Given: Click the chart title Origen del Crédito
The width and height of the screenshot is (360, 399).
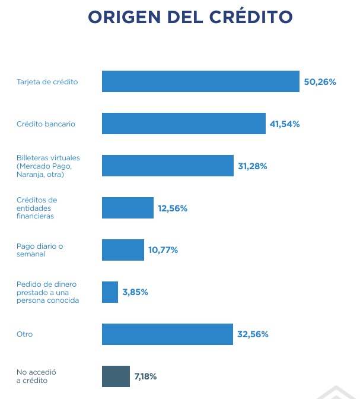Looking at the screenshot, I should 190,17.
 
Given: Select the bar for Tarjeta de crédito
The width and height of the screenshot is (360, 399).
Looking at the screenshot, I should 200,81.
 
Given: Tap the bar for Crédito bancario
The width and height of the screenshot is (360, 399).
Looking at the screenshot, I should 183,123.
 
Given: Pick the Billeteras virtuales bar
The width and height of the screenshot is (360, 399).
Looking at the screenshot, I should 167,166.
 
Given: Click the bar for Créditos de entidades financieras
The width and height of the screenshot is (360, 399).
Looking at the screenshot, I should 128,208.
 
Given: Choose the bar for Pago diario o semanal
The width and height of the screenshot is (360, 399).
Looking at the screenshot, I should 123,250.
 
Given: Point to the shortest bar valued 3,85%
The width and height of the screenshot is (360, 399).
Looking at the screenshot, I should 110,292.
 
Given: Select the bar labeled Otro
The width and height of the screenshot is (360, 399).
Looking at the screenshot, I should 167,334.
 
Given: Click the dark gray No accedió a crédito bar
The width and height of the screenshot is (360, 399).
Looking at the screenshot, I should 116,376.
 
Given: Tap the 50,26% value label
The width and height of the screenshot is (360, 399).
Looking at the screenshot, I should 320,82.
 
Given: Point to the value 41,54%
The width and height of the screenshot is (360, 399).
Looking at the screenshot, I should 285,124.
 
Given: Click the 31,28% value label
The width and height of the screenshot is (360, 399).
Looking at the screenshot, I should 253,166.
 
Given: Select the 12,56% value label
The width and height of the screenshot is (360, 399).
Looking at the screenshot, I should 173,208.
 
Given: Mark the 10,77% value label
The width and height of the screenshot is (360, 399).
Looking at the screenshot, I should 163,250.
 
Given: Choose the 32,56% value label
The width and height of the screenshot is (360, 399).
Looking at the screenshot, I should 253,334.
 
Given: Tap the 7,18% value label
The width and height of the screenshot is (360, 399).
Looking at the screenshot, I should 146,376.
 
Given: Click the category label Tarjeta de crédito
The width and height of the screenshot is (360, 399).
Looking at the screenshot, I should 47,81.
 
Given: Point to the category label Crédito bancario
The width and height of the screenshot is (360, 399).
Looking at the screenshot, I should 46,123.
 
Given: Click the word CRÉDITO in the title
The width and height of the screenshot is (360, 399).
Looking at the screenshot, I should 251,17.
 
